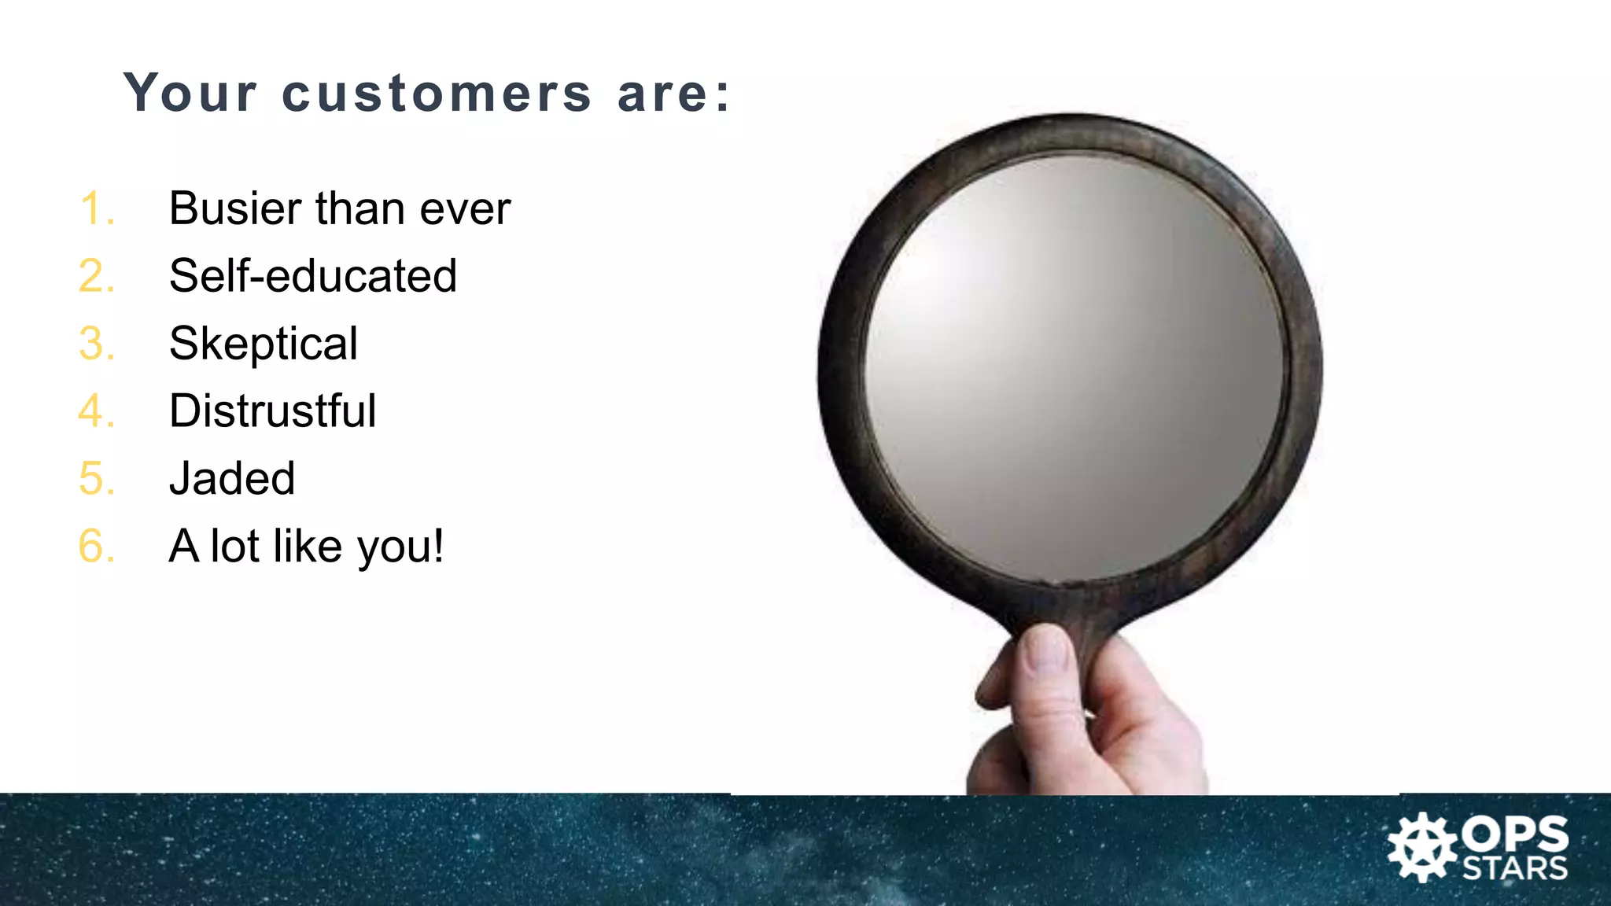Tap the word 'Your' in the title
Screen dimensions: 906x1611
click(x=190, y=93)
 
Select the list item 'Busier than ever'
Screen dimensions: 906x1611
click(x=340, y=209)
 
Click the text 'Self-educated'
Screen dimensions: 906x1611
click(x=312, y=276)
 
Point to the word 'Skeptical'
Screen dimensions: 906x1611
click(x=264, y=344)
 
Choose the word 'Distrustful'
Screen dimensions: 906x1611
click(x=272, y=411)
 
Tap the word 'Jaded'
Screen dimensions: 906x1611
click(x=232, y=479)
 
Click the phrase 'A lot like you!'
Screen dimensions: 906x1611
click(x=306, y=547)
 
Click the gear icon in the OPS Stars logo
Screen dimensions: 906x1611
click(x=1421, y=848)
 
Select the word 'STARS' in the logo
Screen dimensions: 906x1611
click(x=1515, y=869)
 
